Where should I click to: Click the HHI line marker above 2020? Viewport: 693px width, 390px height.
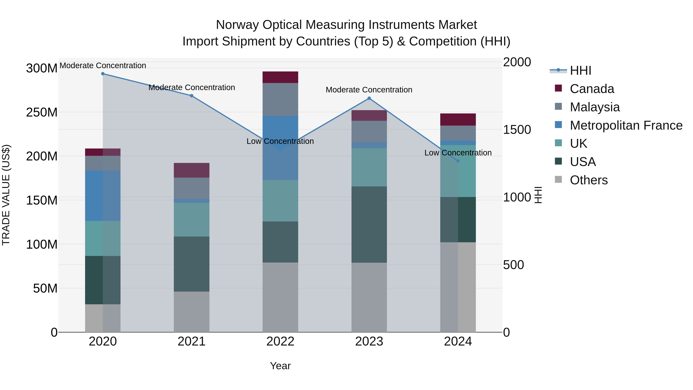[103, 74]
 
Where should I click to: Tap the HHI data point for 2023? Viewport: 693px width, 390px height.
[369, 98]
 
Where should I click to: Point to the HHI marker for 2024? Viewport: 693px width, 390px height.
[458, 161]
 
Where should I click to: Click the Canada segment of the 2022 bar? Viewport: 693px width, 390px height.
[280, 77]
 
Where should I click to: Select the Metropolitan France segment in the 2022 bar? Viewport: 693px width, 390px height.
[280, 148]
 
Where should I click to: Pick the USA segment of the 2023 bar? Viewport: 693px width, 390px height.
[369, 225]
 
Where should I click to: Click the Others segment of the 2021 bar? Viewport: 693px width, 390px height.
[192, 312]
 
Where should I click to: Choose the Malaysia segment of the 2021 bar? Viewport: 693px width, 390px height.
[192, 188]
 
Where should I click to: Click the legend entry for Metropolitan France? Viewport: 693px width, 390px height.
[626, 125]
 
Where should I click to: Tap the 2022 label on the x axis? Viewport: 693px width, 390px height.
[280, 341]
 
